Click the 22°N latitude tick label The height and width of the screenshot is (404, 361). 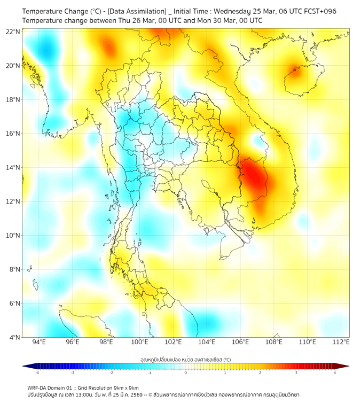13,32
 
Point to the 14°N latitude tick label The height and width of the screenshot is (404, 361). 13,167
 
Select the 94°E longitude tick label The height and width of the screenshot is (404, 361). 39,342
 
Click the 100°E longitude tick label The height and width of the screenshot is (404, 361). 139,342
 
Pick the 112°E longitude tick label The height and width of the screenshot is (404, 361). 341,342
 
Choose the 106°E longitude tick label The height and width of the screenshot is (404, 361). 240,342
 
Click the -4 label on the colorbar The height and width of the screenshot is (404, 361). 37,372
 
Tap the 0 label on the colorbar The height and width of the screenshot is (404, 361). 186,372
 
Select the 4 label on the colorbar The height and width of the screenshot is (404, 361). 335,372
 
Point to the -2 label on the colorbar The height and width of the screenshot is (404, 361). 111,372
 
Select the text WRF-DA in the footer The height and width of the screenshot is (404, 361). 39,388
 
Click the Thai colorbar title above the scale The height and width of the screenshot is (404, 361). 185,359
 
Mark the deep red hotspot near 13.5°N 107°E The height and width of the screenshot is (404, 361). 253,174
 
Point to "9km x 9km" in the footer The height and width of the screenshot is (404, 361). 125,388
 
